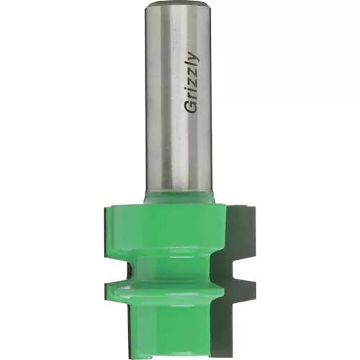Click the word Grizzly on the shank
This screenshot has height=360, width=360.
tap(192, 82)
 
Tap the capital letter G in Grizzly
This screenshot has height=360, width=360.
tap(192, 107)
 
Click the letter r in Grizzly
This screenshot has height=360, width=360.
tap(193, 96)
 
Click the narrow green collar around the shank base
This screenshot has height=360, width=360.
tap(179, 197)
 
